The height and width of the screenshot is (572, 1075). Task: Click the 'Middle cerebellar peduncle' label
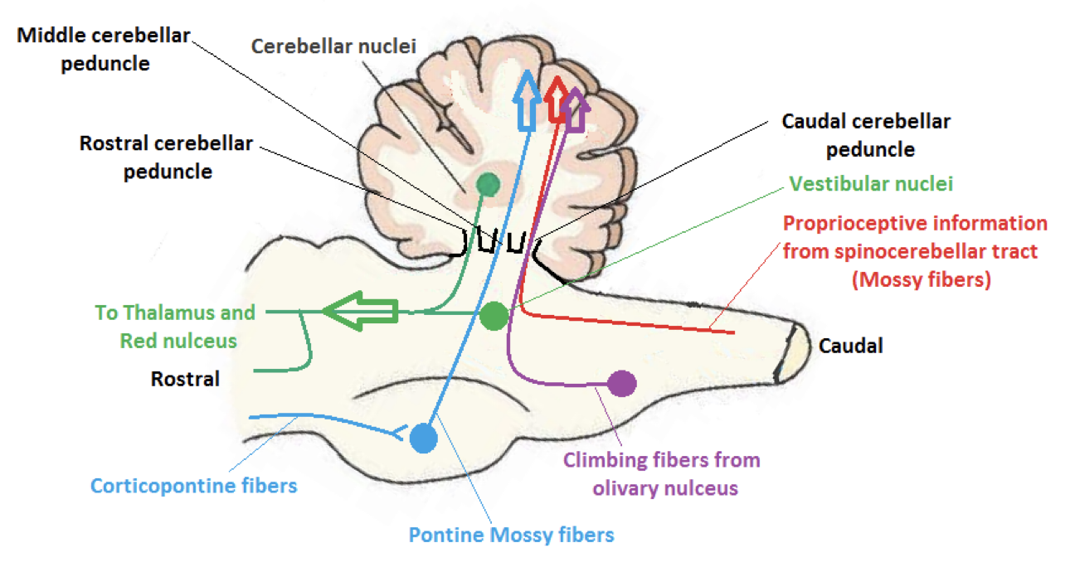tap(104, 49)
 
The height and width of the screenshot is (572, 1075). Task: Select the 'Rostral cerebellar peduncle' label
tap(166, 157)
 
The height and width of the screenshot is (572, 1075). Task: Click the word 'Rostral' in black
tap(185, 379)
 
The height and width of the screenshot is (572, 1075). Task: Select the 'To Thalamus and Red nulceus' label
tap(175, 327)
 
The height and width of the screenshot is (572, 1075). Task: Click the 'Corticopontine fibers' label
tap(193, 485)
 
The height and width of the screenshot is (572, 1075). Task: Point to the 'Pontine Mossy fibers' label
tap(511, 534)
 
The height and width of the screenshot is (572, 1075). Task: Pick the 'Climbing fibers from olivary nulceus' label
tap(661, 473)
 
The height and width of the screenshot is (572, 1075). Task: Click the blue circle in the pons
tap(424, 438)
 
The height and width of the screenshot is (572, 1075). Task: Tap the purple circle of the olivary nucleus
tap(621, 383)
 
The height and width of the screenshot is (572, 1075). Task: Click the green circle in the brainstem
tap(494, 315)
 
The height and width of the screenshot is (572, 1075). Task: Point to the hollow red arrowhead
tap(557, 98)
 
